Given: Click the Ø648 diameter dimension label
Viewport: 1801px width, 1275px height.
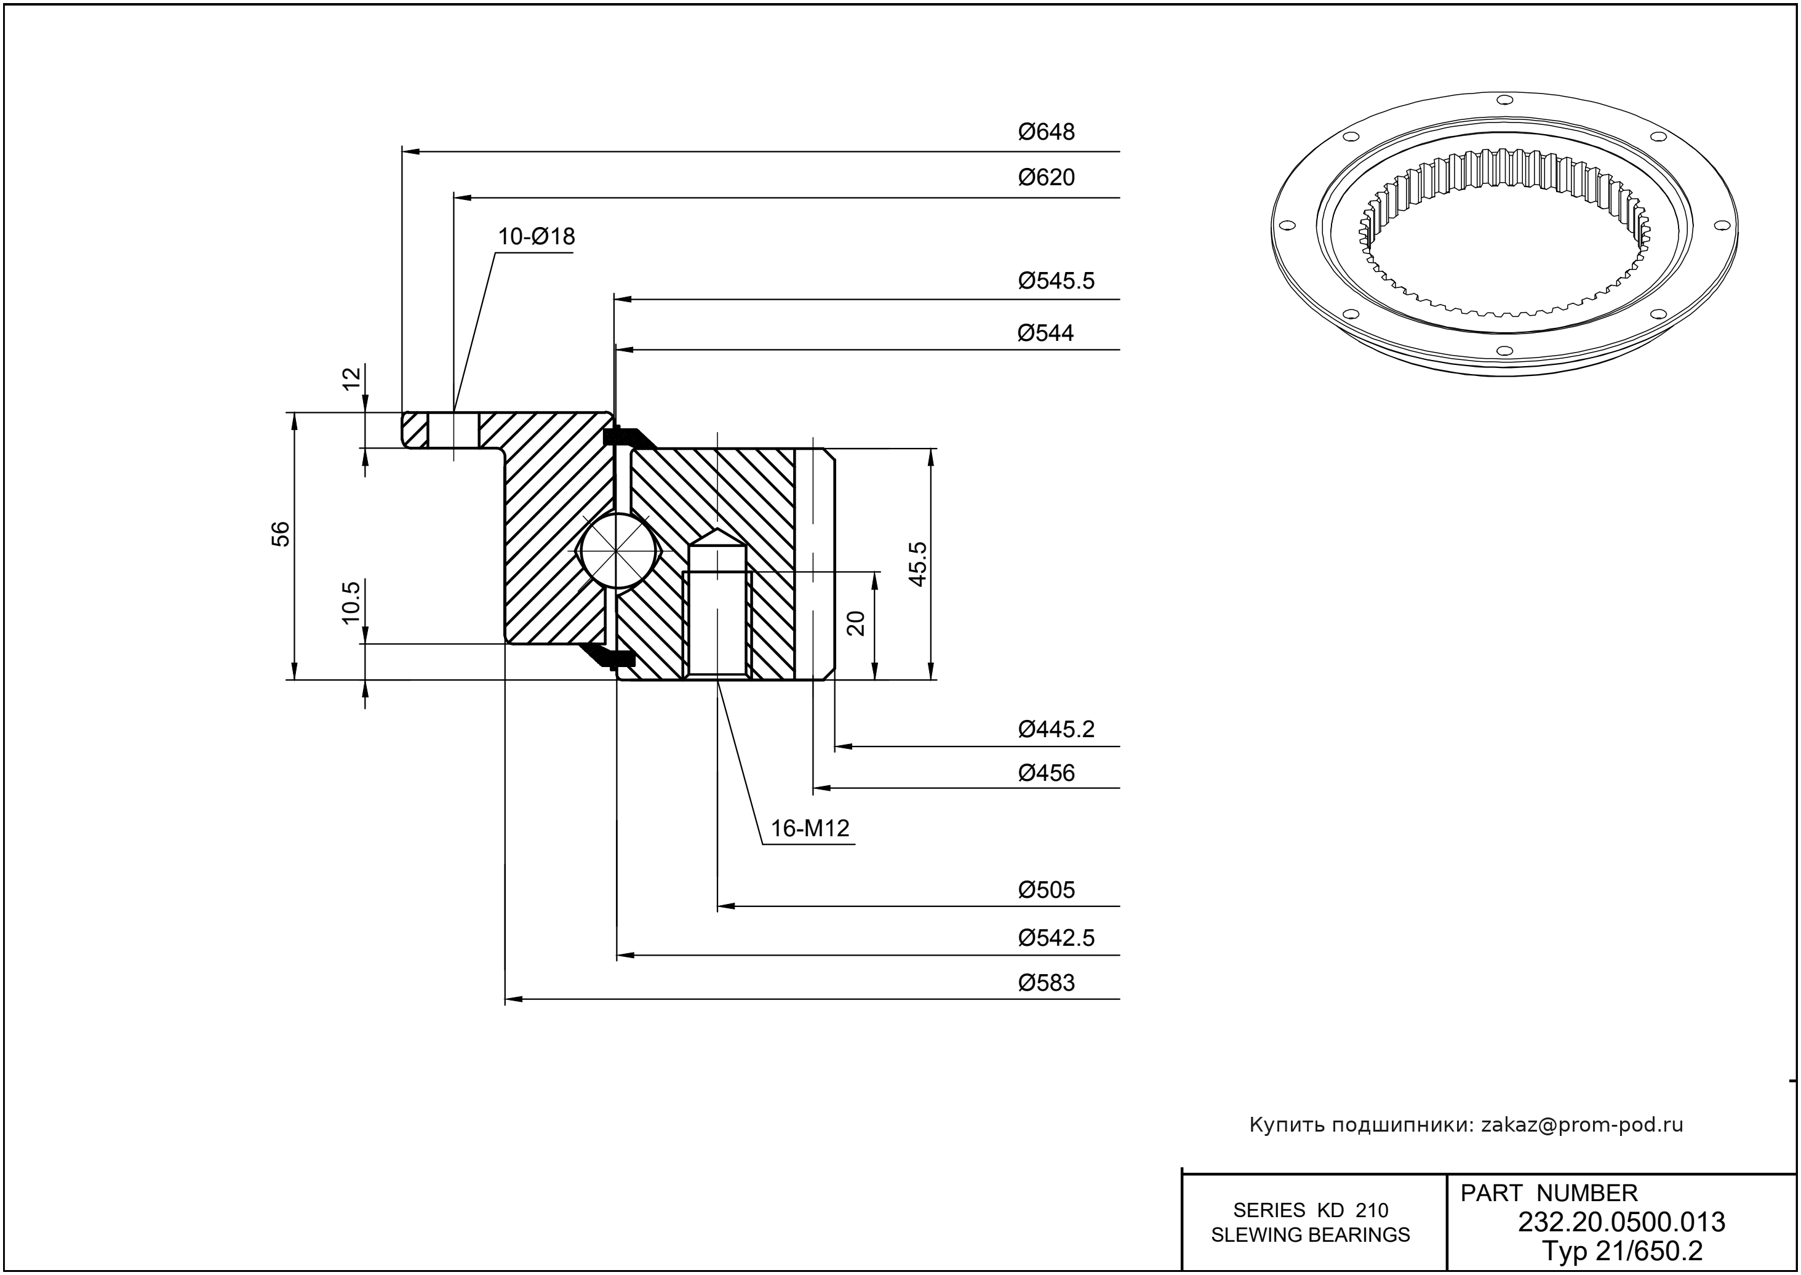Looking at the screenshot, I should coord(1047,132).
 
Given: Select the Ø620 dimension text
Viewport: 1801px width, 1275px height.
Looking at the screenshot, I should coord(1047,177).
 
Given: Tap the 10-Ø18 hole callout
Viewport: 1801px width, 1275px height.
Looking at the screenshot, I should coord(536,236).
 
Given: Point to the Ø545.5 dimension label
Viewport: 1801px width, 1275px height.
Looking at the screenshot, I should coord(1056,281).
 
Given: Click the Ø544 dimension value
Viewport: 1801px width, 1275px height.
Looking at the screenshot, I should coord(1046,333).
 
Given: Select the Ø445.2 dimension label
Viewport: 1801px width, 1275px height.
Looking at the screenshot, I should coord(1056,729).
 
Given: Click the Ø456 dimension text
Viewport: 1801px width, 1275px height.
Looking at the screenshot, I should coord(1047,773).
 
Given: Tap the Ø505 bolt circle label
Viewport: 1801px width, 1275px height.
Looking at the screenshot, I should coord(1047,890).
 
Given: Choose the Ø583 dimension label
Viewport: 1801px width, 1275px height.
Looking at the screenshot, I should coord(1047,983).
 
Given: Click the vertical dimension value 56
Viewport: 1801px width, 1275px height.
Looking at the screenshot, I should coord(281,534).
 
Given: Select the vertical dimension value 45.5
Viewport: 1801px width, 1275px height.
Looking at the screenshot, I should coord(918,563).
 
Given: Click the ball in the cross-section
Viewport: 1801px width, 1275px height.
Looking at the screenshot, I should coord(618,550).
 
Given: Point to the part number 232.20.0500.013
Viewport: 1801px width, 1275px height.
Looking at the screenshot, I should coord(1621,1223).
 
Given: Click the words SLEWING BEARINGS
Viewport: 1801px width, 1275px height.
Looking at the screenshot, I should coord(1311,1235).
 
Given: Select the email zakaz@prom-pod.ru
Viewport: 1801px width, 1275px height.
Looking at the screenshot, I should coord(1582,1125).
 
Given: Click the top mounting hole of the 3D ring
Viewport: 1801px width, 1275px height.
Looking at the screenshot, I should coord(1504,100).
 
